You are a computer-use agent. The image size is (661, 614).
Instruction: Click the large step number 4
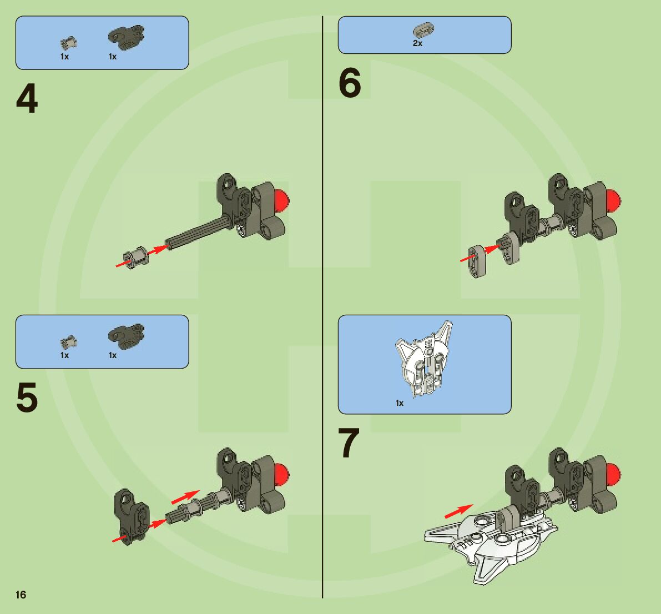coord(27,99)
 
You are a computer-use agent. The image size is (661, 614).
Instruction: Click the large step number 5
coord(27,398)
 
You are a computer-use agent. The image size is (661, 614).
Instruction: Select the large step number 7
coord(349,443)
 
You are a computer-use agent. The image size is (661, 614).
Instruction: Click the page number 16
coord(21,595)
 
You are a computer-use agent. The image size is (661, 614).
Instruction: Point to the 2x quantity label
coord(417,43)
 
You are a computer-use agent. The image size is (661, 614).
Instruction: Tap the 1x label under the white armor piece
coord(400,403)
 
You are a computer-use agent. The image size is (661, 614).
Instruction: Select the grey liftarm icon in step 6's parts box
coord(423,29)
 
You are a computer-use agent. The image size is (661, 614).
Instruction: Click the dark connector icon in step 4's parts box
coord(126,36)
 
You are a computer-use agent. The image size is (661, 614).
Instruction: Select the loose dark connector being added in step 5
coord(130,516)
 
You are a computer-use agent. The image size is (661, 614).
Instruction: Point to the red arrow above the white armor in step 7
coord(459,511)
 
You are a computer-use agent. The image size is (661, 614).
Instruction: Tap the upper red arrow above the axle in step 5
coord(185,496)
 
